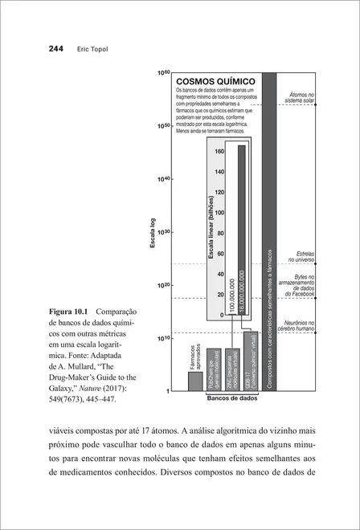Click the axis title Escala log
(152, 232)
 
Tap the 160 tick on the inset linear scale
(219, 151)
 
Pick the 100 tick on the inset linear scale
(219, 213)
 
